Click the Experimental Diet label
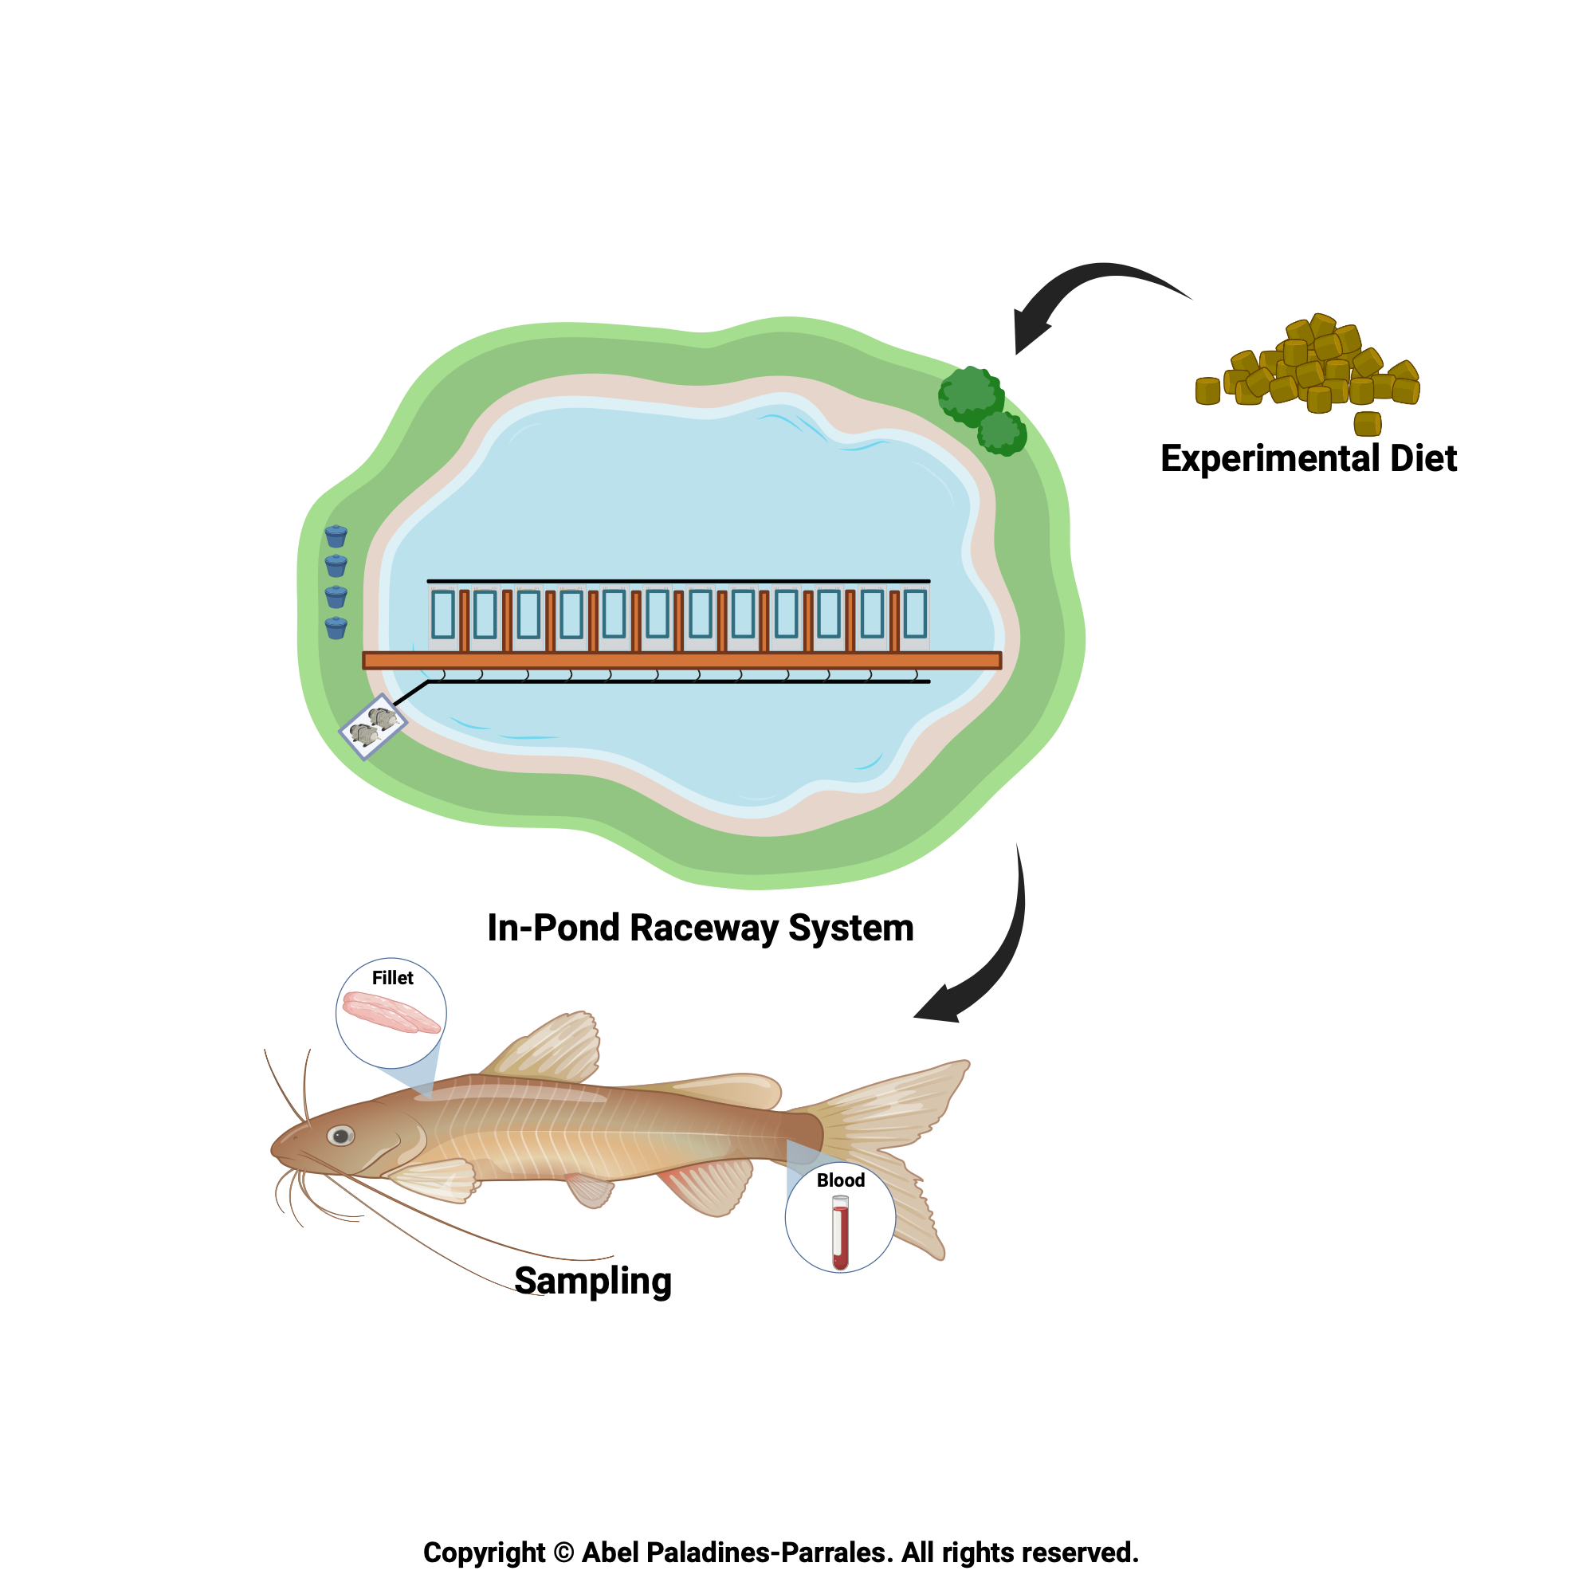coord(1309,459)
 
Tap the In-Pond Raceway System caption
coord(701,928)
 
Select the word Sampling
coord(592,1281)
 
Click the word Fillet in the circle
coord(392,978)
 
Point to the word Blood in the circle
coord(840,1180)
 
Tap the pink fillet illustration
coord(391,1012)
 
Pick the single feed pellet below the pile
coord(1367,423)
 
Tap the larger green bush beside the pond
coord(971,395)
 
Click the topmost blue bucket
coord(336,536)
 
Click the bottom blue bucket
coord(336,628)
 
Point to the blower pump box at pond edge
coord(373,726)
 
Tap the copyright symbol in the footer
coord(563,1553)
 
